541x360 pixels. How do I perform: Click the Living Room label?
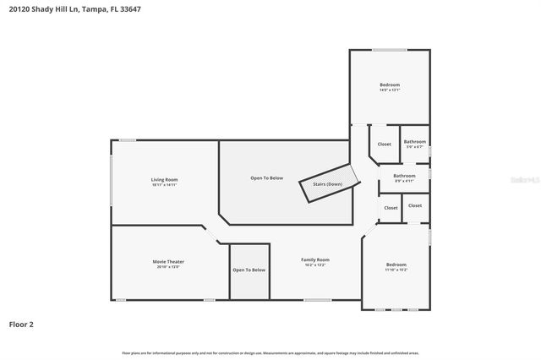[x=164, y=179]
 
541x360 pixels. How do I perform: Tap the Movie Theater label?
[x=168, y=261]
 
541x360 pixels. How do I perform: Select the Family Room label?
[x=316, y=259]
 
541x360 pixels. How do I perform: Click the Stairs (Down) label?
[x=327, y=183]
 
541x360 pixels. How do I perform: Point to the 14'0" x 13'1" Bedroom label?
[x=390, y=85]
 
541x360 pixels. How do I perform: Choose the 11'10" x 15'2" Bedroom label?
[x=396, y=265]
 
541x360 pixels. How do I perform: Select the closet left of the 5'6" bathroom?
[x=385, y=145]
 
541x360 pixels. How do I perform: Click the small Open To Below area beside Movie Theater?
[x=249, y=270]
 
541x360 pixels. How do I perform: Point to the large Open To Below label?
[x=266, y=178]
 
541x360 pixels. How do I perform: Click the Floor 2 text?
[x=21, y=324]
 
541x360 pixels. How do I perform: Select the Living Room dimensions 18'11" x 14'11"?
[x=164, y=184]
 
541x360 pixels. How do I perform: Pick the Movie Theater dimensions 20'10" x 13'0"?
[x=168, y=267]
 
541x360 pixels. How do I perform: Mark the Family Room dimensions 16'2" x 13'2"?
[x=316, y=265]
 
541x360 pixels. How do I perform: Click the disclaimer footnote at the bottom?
[x=270, y=352]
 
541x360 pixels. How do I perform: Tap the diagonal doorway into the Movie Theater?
[x=214, y=233]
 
